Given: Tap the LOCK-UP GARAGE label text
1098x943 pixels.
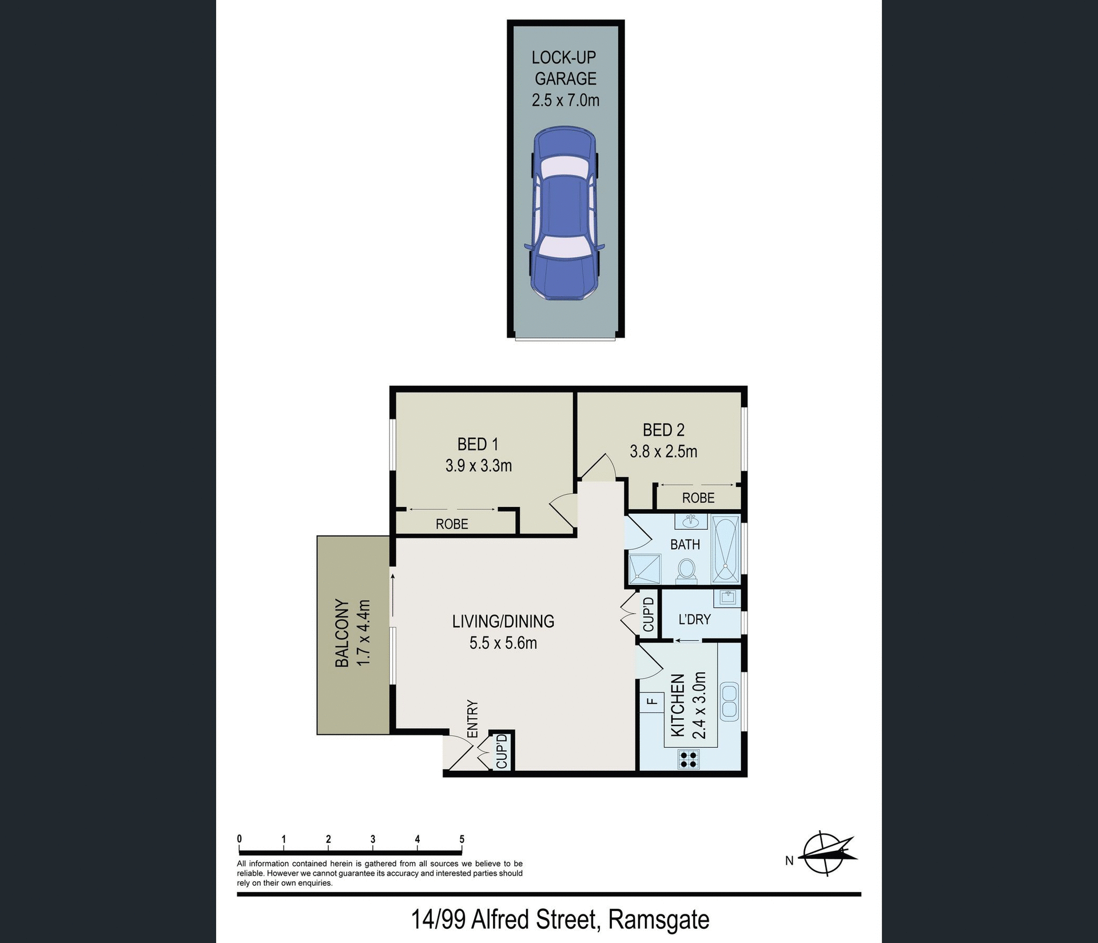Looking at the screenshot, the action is tap(565, 68).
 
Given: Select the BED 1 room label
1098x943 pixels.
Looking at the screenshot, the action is tap(478, 444).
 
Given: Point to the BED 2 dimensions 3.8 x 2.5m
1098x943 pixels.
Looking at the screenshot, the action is tap(663, 451).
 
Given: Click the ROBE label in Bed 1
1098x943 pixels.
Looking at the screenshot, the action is tap(452, 524).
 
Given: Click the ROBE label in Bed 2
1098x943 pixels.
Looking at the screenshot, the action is tap(698, 498).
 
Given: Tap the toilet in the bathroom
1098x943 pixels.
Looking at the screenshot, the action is tap(686, 570).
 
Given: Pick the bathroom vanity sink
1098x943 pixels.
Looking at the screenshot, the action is tap(691, 522).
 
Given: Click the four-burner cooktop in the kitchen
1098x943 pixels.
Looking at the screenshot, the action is tap(689, 759).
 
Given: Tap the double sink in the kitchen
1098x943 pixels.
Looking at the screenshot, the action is tap(730, 701).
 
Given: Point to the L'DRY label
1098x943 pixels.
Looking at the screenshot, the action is tap(694, 619).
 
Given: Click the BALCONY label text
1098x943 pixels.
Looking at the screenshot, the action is tap(342, 633).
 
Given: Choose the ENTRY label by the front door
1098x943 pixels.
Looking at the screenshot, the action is tap(472, 719).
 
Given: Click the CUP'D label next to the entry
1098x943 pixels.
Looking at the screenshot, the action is tap(502, 752).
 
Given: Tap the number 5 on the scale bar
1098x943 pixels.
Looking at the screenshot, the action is tap(462, 839).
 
